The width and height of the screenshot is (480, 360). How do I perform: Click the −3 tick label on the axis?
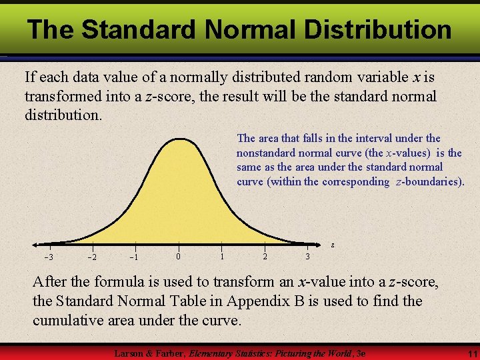[49, 257]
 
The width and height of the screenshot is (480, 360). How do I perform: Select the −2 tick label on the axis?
[92, 257]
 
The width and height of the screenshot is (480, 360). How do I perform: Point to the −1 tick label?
[134, 257]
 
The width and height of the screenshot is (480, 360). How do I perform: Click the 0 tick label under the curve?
[178, 257]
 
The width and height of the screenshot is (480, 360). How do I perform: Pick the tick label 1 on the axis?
[221, 257]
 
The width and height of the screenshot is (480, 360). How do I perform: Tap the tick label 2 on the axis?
[265, 257]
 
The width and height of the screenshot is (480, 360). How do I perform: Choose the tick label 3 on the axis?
[307, 257]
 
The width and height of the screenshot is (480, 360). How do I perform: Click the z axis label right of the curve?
[333, 245]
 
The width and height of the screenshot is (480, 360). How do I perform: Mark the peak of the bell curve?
[178, 139]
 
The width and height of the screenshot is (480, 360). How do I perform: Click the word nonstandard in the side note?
[268, 153]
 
